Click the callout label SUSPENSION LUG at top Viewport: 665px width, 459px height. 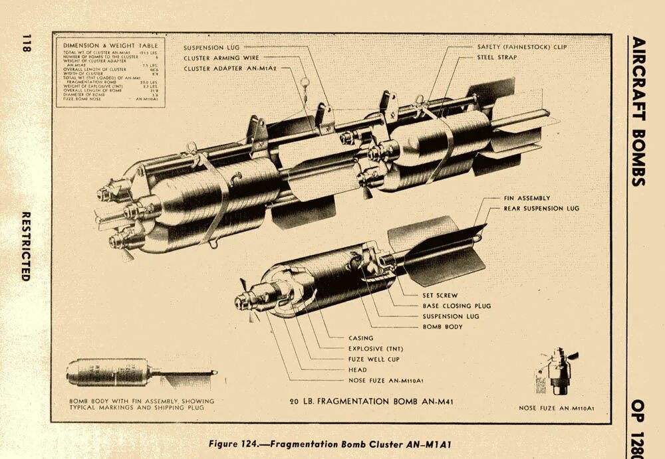click(211, 48)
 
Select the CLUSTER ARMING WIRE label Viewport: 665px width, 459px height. click(219, 58)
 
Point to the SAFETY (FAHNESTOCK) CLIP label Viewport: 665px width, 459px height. click(522, 47)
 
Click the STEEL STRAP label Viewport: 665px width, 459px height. click(497, 58)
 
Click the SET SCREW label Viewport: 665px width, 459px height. click(440, 295)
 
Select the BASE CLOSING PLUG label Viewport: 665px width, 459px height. click(456, 306)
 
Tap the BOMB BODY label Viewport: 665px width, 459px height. click(442, 327)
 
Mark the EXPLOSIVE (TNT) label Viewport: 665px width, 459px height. click(375, 349)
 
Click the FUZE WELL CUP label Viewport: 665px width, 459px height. click(374, 359)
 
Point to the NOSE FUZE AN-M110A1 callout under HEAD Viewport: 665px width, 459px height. click(386, 381)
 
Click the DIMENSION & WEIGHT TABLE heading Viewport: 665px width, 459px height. click(111, 45)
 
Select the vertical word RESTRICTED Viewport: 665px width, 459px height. click(26, 246)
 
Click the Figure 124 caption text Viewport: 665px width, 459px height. click(332, 443)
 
